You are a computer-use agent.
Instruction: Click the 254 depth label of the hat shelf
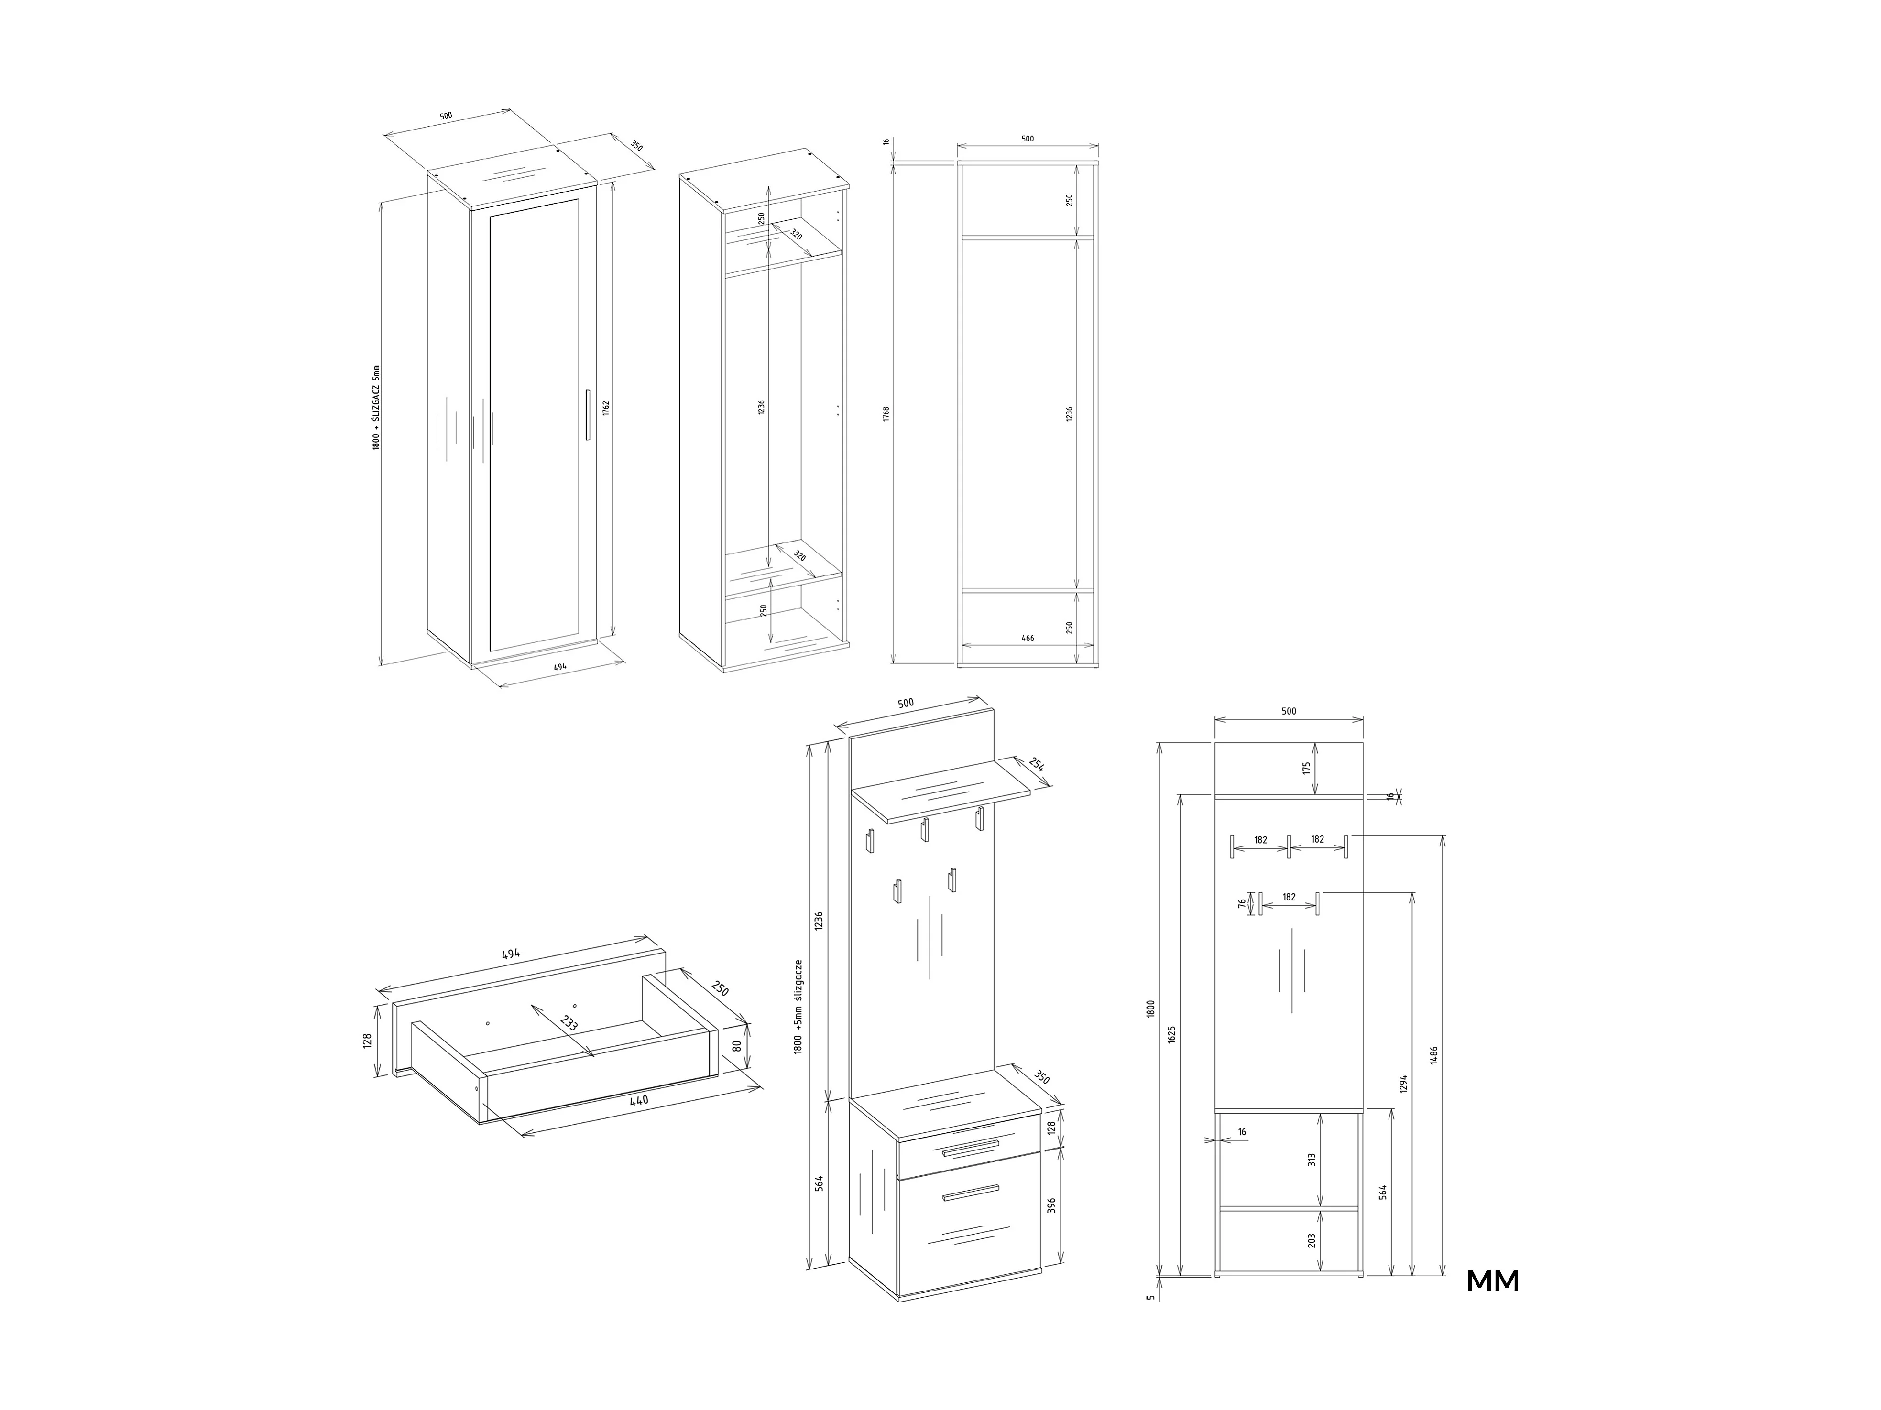(1037, 764)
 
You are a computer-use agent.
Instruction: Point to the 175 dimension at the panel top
(1307, 768)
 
